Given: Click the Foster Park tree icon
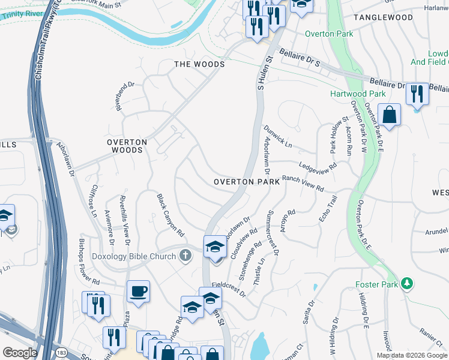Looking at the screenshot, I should click(x=408, y=283).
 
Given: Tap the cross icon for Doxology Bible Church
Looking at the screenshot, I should click(x=186, y=256).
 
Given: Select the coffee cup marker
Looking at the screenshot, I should click(x=138, y=291).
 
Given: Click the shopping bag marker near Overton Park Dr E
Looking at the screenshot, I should click(x=390, y=115).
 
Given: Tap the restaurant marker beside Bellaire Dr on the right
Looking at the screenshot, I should click(x=417, y=94).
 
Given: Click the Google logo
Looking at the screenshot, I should click(x=20, y=353).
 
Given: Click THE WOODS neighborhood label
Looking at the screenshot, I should click(x=199, y=64).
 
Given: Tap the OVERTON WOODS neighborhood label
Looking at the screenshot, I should click(x=126, y=146).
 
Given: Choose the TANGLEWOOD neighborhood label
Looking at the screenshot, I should click(x=383, y=17).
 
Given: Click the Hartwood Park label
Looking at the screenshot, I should click(x=358, y=94).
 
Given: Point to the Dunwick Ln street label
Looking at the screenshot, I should click(x=277, y=137).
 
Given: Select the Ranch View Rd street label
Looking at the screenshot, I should click(x=303, y=183).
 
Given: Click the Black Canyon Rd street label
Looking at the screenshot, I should click(x=170, y=214).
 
